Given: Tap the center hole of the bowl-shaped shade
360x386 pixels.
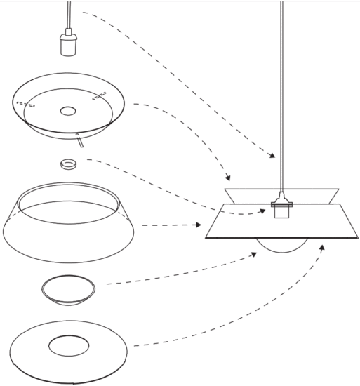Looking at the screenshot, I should coord(68,111).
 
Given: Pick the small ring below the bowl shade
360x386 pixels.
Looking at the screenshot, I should coord(68,165).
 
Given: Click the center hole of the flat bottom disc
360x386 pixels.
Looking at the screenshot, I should coord(69,345).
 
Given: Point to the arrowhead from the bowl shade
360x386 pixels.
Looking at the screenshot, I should coord(227,178).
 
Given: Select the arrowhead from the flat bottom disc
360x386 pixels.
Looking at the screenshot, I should coord(322,246).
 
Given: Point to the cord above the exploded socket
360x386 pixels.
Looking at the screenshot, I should coord(68,14).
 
